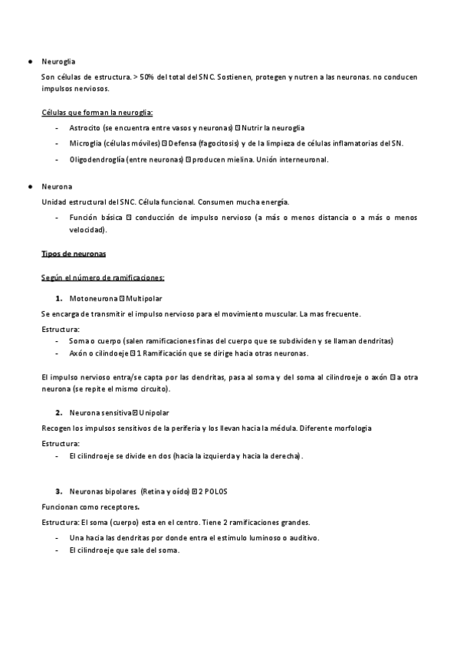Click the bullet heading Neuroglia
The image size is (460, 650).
click(x=58, y=61)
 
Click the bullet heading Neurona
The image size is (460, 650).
click(x=56, y=186)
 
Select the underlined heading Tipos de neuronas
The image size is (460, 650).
click(x=74, y=253)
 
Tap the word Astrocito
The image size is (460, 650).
click(x=84, y=127)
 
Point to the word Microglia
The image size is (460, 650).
click(x=84, y=143)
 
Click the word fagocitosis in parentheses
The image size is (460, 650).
click(x=202, y=143)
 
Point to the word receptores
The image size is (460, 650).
click(x=117, y=507)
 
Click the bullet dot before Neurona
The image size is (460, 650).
click(x=28, y=186)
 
